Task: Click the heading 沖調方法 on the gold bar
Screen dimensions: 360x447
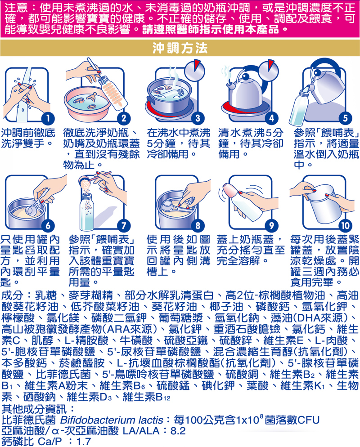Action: pyautogui.click(x=180, y=48)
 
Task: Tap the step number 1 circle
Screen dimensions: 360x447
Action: pyautogui.click(x=48, y=118)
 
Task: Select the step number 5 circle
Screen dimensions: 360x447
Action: pyautogui.click(x=345, y=118)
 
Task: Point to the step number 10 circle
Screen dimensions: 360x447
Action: pyautogui.click(x=345, y=225)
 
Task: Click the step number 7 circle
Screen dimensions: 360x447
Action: pyautogui.click(x=124, y=225)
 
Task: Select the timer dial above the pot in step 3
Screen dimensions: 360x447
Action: pyautogui.click(x=194, y=70)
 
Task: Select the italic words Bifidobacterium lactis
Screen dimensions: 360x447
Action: pyautogui.click(x=112, y=420)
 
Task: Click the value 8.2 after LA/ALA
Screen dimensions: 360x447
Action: pyautogui.click(x=178, y=430)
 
